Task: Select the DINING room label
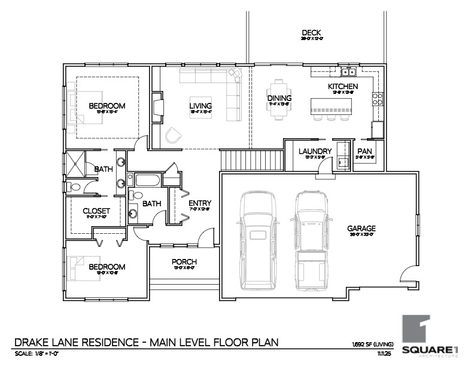point(279,98)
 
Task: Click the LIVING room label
point(201,106)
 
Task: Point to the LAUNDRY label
point(315,151)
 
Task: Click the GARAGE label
point(361,228)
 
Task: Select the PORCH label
point(184,262)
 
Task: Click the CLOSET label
point(96,211)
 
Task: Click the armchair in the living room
point(174,135)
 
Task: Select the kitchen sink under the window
point(348,73)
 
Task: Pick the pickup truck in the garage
point(311,239)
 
